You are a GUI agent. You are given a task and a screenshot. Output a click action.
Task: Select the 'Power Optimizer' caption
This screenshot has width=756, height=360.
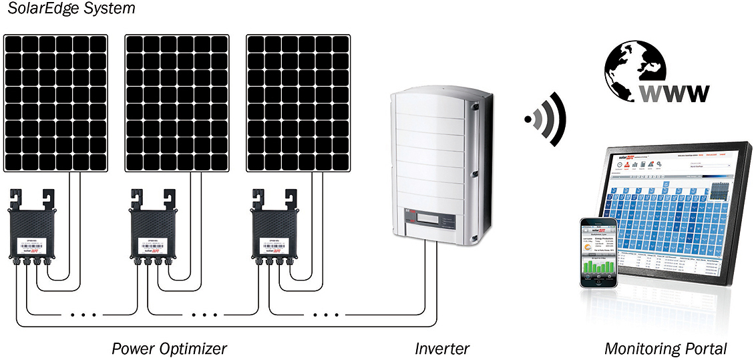point(169,349)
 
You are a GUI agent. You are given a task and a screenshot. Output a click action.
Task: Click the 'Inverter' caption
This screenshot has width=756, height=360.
point(442,349)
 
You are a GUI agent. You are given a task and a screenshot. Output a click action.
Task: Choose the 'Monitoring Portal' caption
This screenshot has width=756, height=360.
point(665,349)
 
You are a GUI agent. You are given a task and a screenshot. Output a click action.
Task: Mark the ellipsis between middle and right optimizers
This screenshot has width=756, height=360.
point(203,314)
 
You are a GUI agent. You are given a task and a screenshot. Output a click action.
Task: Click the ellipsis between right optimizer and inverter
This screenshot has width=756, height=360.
point(325,314)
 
